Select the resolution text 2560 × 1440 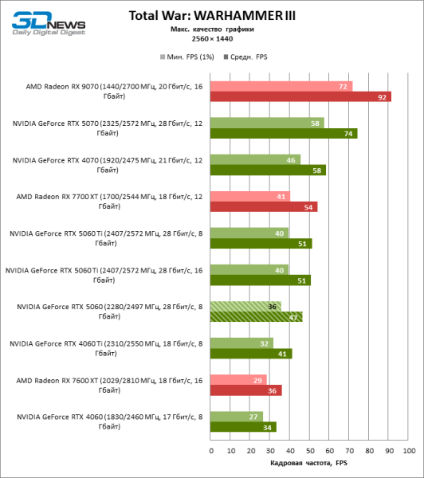tap(212, 38)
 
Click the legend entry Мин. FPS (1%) tap(188, 57)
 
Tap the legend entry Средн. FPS tap(248, 57)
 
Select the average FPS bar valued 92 tap(300, 97)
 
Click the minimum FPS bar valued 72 tap(281, 86)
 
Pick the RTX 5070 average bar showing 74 tap(283, 134)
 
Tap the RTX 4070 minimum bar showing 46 tap(255, 160)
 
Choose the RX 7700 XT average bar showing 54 tap(263, 207)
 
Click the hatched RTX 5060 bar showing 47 tap(256, 316)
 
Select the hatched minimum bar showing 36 tap(245, 306)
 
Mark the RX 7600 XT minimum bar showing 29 tap(238, 380)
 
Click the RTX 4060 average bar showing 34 tap(243, 427)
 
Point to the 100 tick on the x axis tap(409, 450)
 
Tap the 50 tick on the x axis tap(310, 450)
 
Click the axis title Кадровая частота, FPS tap(309, 463)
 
